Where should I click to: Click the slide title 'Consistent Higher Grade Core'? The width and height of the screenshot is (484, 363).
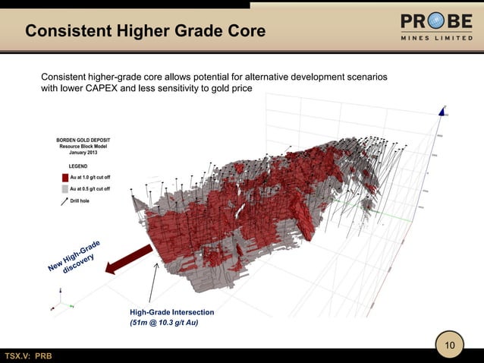[x=145, y=32]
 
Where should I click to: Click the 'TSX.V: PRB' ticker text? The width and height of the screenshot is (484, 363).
[x=29, y=356]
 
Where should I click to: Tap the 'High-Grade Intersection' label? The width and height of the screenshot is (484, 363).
[x=171, y=312]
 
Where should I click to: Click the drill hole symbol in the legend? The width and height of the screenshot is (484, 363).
[x=64, y=201]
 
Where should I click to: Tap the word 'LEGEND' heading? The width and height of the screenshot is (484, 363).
[x=78, y=166]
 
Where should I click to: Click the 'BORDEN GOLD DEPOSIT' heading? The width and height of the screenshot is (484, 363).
[x=83, y=140]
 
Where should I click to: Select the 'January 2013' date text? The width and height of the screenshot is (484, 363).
[x=84, y=153]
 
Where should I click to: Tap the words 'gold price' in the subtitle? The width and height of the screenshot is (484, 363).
[x=228, y=90]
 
